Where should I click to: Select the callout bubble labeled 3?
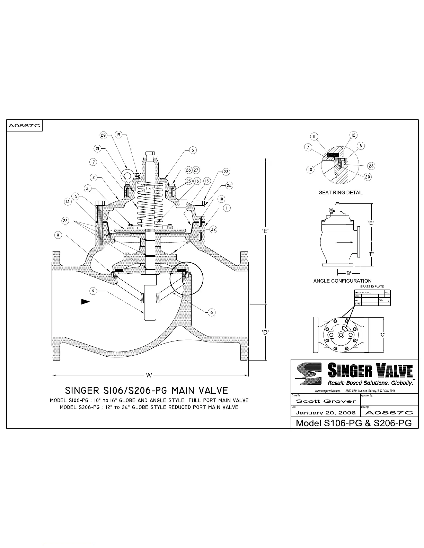tap(193, 150)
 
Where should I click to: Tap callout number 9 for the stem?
tap(93, 291)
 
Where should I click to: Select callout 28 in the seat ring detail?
tap(371, 166)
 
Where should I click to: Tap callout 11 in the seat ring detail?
tap(314, 137)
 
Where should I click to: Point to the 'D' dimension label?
tap(265, 332)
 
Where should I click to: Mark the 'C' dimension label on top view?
tap(382, 334)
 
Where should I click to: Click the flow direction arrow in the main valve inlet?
tap(73, 302)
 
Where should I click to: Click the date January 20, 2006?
tap(326, 413)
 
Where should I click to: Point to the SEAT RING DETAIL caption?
tap(341, 192)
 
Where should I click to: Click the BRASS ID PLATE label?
tap(372, 286)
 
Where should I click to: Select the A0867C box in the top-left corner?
tap(24, 126)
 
